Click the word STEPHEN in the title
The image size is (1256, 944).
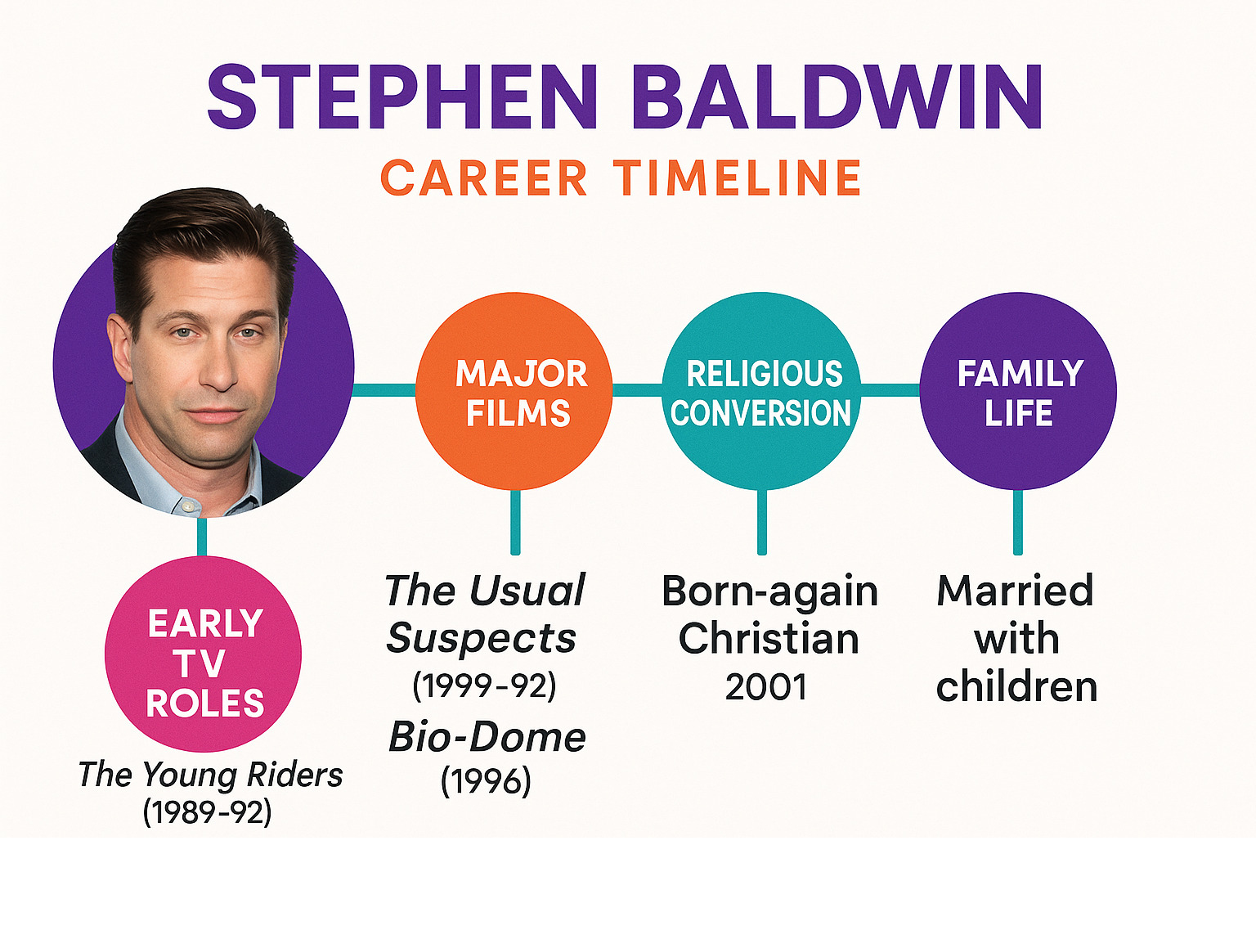[x=402, y=97]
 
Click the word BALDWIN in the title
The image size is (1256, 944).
[x=837, y=97]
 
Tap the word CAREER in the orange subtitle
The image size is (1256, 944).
[x=484, y=178]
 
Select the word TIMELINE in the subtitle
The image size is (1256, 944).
[x=737, y=178]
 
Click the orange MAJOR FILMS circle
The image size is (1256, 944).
[x=514, y=391]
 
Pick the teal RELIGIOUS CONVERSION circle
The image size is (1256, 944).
[x=761, y=391]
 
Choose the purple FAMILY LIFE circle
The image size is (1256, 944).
[x=1018, y=391]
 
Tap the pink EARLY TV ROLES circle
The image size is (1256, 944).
[x=203, y=654]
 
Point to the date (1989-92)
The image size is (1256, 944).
[x=207, y=812]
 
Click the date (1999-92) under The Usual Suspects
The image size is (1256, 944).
[x=484, y=686]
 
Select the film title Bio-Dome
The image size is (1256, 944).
[x=487, y=737]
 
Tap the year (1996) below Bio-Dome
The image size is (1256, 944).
[x=486, y=781]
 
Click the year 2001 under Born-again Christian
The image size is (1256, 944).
[x=765, y=687]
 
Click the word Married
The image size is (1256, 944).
[x=1016, y=591]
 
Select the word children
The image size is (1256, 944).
[x=1016, y=686]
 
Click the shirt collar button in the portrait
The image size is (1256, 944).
[x=187, y=506]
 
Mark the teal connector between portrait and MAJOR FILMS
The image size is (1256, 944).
[x=384, y=390]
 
